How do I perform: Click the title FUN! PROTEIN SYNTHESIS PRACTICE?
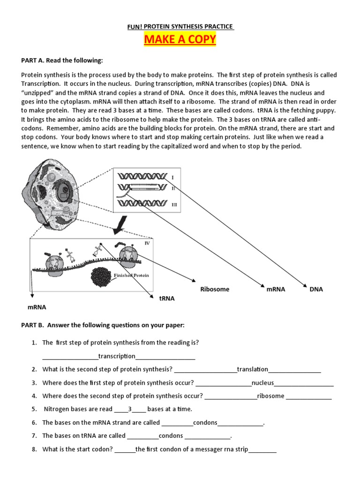pyautogui.click(x=180, y=27)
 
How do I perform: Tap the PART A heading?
pyautogui.click(x=61, y=60)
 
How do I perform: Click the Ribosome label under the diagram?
pyautogui.click(x=215, y=289)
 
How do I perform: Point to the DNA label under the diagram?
pyautogui.click(x=316, y=289)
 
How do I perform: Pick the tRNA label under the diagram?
pyautogui.click(x=167, y=298)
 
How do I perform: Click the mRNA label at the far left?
pyautogui.click(x=37, y=307)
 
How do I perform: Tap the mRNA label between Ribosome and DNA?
pyautogui.click(x=276, y=289)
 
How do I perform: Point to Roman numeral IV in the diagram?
pyautogui.click(x=147, y=243)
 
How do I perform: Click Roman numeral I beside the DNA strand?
pyautogui.click(x=173, y=178)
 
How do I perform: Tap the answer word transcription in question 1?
pyautogui.click(x=117, y=356)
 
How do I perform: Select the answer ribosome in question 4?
pyautogui.click(x=270, y=396)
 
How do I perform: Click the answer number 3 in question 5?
pyautogui.click(x=130, y=409)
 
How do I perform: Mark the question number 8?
pyautogui.click(x=34, y=449)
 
